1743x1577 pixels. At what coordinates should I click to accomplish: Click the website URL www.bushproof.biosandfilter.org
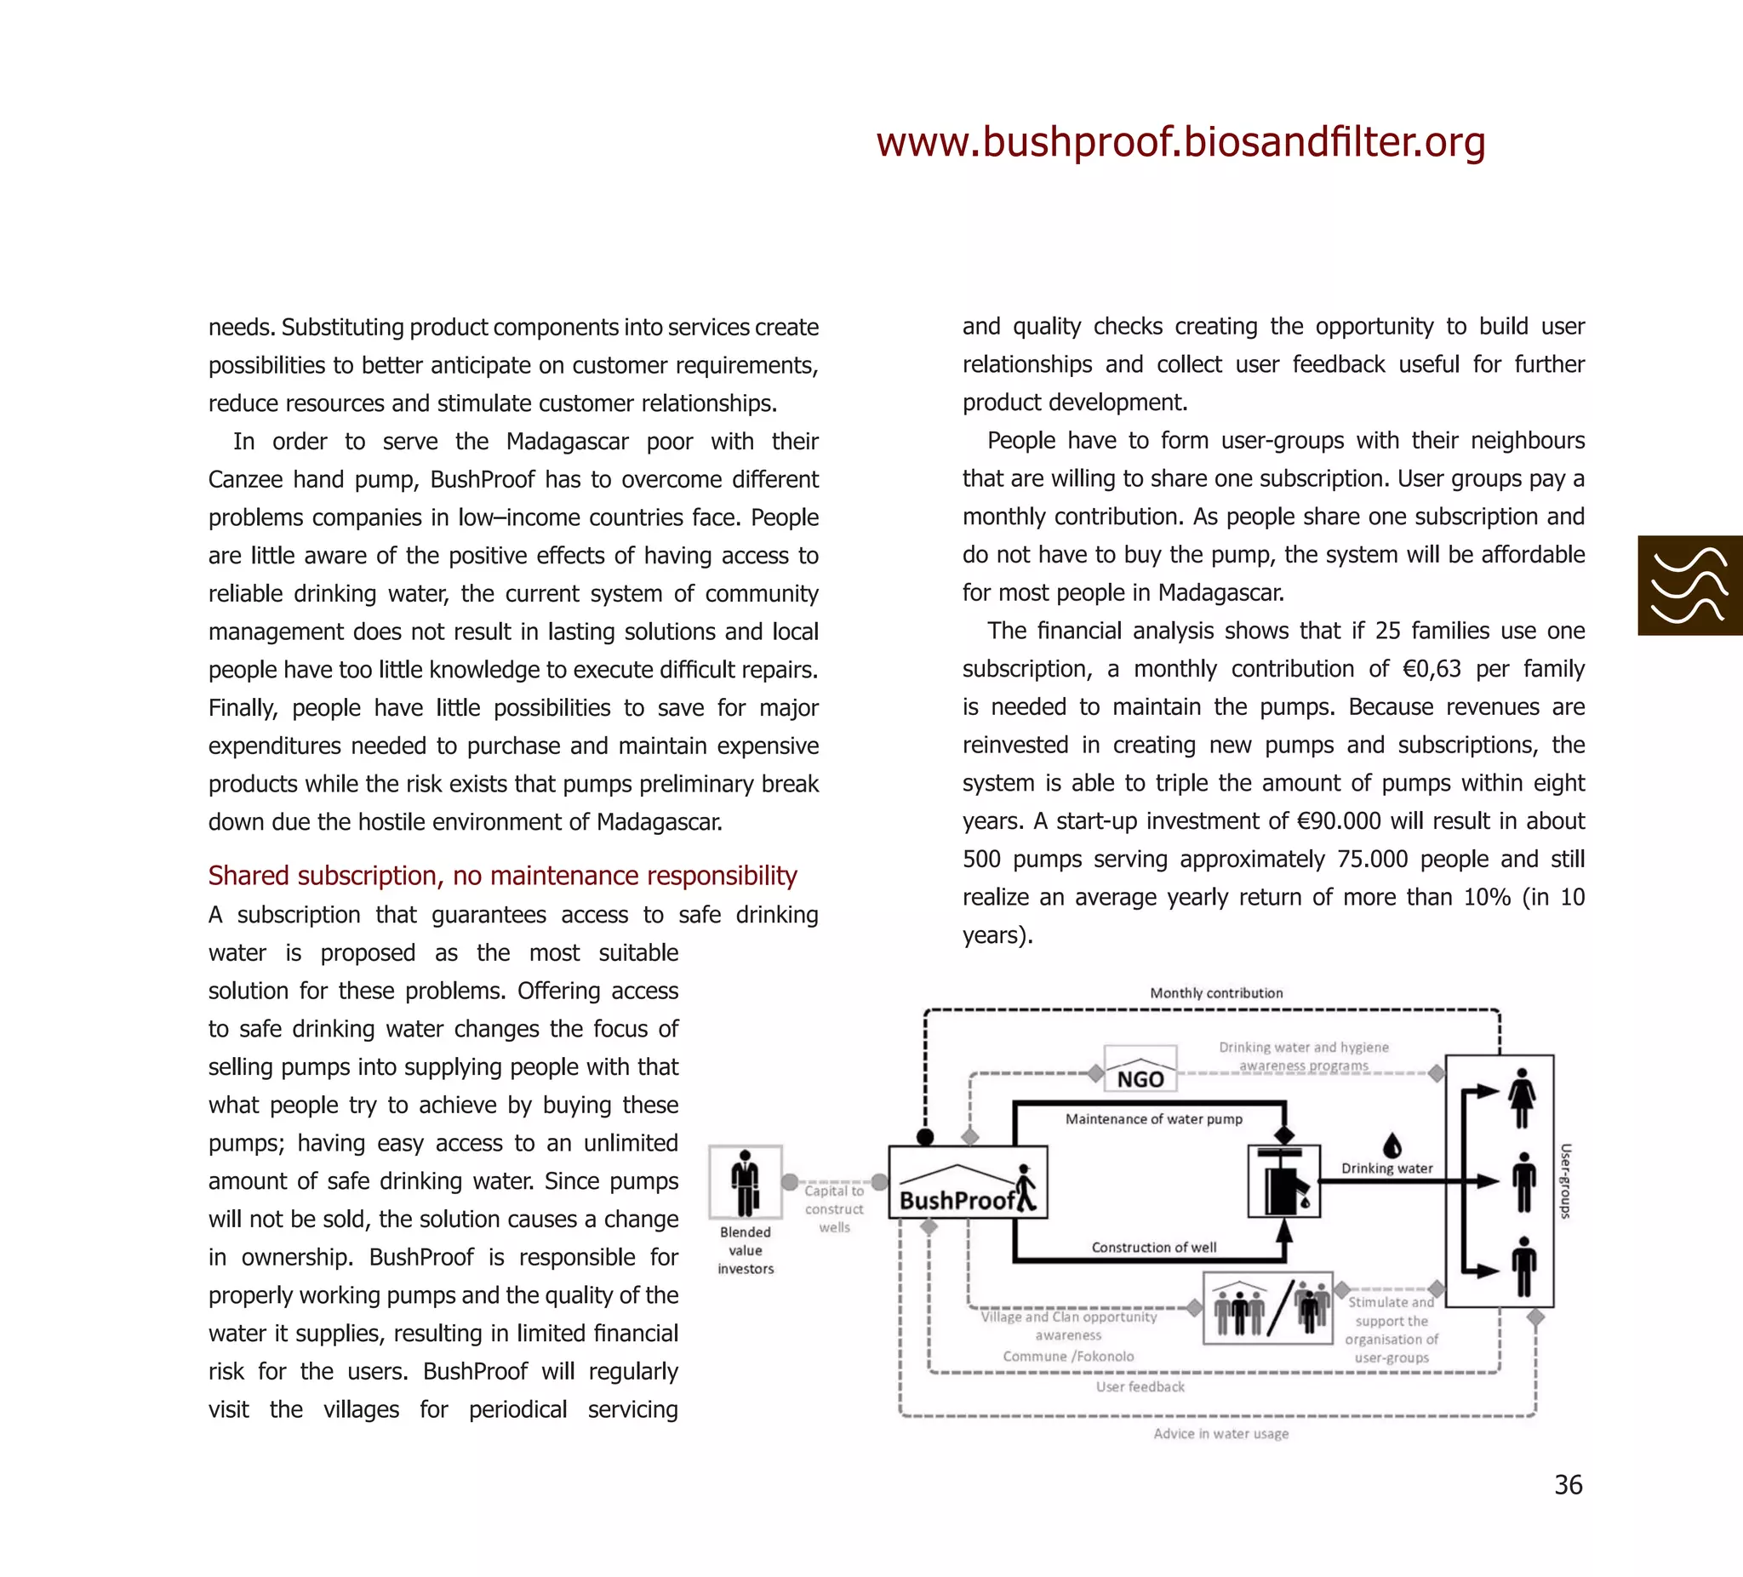click(x=1180, y=142)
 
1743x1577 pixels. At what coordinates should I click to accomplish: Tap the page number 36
click(x=1568, y=1484)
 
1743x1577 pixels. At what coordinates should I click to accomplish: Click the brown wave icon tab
click(x=1689, y=586)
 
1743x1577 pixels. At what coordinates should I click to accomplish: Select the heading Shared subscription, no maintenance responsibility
click(x=502, y=875)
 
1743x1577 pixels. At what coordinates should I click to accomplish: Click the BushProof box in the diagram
click(x=968, y=1182)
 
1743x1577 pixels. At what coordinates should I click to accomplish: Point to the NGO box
click(x=1140, y=1070)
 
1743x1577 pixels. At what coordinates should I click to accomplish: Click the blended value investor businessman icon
click(x=745, y=1182)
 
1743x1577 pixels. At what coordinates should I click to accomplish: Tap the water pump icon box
click(x=1284, y=1181)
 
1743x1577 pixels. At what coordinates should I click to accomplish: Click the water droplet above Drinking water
click(x=1392, y=1145)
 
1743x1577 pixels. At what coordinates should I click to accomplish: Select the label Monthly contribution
click(x=1215, y=992)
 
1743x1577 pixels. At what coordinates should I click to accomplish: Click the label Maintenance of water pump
click(x=1153, y=1119)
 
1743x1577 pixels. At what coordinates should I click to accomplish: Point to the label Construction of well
click(x=1153, y=1247)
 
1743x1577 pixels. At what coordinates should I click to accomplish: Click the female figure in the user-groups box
click(x=1522, y=1097)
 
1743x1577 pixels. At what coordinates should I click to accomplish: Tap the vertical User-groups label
click(x=1565, y=1181)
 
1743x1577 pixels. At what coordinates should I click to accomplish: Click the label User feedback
click(x=1140, y=1386)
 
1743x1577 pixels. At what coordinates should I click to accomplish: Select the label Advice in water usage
click(x=1220, y=1432)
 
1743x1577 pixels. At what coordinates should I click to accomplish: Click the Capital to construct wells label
click(x=833, y=1208)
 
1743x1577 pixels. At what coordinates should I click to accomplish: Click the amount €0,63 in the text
click(x=1431, y=668)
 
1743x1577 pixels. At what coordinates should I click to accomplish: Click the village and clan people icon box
click(x=1268, y=1307)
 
